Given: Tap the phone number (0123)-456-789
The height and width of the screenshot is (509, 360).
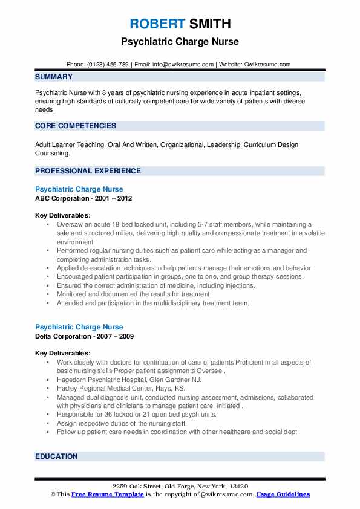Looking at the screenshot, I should (107, 65).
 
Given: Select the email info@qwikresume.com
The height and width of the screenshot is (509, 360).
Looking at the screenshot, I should (185, 65).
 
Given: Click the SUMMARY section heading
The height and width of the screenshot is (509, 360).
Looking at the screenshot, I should (54, 77).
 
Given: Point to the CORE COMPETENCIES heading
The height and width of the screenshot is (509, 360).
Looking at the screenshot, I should (76, 126).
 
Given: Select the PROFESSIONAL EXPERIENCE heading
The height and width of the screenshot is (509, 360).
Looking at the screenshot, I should (88, 171).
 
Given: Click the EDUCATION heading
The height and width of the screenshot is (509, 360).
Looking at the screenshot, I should (57, 456).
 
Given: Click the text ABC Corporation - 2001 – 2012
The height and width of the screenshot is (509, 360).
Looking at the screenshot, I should (83, 198).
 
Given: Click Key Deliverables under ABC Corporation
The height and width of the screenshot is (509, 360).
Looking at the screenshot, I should (63, 215).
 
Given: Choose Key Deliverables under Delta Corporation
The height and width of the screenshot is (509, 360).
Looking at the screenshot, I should (63, 353).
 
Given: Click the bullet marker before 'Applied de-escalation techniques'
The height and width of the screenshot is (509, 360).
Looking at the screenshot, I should (47, 268).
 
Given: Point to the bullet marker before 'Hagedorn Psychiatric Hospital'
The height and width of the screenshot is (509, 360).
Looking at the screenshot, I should (47, 380).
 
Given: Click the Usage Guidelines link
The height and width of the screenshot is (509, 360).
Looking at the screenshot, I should (283, 494).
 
